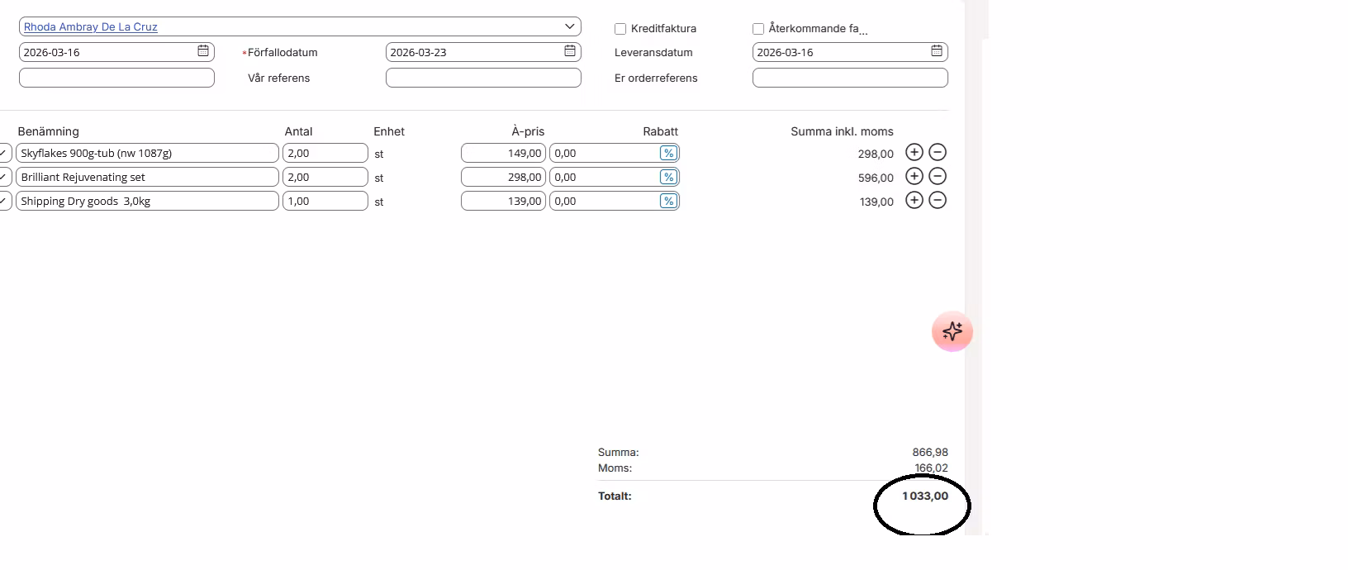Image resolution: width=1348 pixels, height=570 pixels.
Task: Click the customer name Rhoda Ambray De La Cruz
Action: pos(90,27)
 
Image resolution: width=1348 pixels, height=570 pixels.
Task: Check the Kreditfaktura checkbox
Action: pos(619,29)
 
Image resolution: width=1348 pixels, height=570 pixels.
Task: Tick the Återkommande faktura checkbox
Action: pos(758,29)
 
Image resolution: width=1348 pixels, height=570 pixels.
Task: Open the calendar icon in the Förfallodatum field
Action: pos(569,51)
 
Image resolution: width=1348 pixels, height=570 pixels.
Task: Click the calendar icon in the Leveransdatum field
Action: pos(937,51)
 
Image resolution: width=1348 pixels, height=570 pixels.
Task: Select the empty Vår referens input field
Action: pos(483,78)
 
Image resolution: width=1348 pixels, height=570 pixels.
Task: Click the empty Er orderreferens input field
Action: pos(850,78)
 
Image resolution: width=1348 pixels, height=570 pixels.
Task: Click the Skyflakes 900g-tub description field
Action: pos(147,153)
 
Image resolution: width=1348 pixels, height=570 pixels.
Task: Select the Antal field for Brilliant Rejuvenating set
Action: pos(325,177)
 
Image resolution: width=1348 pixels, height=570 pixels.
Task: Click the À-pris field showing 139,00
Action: pos(503,201)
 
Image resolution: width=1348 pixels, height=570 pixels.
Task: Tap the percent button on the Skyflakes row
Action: pos(668,153)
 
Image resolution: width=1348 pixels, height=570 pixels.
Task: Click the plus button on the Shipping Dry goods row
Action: pos(914,201)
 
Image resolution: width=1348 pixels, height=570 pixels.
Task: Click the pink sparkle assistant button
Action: pos(952,331)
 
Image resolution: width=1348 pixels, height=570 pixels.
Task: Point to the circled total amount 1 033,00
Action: pos(925,496)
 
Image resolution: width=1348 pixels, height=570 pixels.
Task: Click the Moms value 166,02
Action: pos(931,468)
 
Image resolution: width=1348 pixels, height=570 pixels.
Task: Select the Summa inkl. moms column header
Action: pos(842,131)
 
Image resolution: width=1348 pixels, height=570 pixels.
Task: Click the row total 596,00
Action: pos(876,178)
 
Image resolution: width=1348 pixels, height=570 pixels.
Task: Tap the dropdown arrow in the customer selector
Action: pos(569,26)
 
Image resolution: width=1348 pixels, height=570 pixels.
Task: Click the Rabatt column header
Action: pos(660,131)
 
